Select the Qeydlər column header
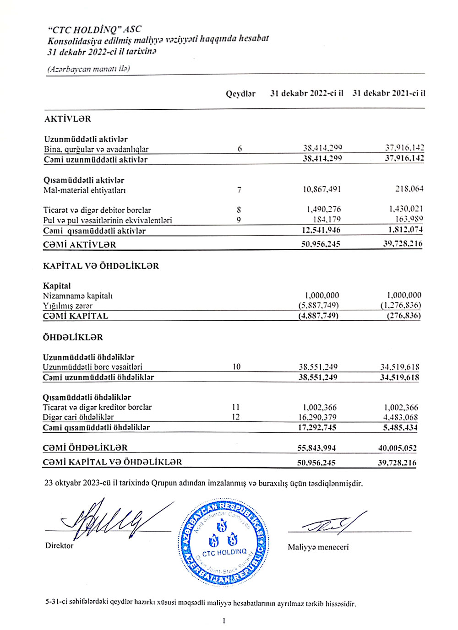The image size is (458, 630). tap(240, 94)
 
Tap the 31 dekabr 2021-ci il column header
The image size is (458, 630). tap(388, 93)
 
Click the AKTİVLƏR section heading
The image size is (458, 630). tap(67, 119)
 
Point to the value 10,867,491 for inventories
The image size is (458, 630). tap(322, 189)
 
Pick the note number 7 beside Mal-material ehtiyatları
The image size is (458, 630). tap(239, 190)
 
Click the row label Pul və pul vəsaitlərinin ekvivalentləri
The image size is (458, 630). tap(108, 221)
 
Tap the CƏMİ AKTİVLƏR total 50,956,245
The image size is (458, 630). tap(321, 244)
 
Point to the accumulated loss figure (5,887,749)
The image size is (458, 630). tap(319, 306)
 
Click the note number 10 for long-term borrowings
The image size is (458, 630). tap(236, 367)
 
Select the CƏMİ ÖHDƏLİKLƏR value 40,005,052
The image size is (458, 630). tap(397, 448)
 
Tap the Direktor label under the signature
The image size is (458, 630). tap(59, 545)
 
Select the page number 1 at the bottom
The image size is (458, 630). tap(224, 621)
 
